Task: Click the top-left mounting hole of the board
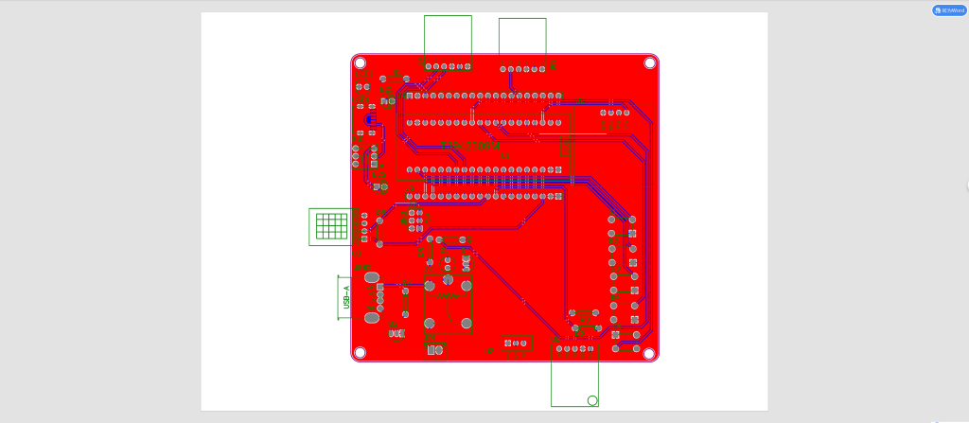coord(361,62)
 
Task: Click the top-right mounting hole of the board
coord(650,62)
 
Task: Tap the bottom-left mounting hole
coord(360,353)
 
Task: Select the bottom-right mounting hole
coord(650,353)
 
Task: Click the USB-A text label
coord(346,297)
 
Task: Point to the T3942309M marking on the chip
coord(471,146)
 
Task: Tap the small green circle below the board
coord(592,400)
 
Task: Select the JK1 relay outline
coord(448,304)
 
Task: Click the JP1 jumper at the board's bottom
coord(517,343)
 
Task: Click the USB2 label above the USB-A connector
coord(361,269)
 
